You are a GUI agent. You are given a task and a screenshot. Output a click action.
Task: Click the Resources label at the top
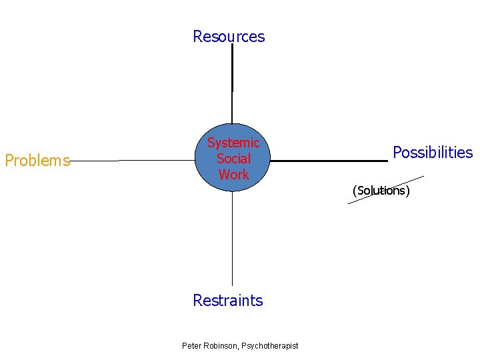click(x=229, y=37)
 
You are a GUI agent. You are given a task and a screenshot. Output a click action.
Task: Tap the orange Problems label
click(x=37, y=161)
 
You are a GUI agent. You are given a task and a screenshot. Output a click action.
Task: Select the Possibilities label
click(x=433, y=153)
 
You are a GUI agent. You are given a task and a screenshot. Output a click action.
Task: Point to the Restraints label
click(x=228, y=301)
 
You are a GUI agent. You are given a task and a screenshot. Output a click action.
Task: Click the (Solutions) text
click(x=381, y=191)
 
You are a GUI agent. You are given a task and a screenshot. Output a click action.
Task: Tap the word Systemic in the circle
click(x=233, y=143)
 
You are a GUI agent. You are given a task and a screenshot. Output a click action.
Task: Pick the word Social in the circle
click(x=233, y=159)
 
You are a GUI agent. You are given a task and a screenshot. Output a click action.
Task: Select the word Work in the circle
click(x=233, y=175)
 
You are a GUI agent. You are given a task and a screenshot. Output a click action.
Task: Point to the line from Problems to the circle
click(x=133, y=161)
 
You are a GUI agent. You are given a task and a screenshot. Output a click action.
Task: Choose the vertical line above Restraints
click(x=232, y=240)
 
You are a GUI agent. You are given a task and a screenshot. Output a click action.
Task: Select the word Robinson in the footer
click(x=221, y=345)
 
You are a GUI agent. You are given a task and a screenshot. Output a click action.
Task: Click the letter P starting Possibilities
click(x=397, y=153)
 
